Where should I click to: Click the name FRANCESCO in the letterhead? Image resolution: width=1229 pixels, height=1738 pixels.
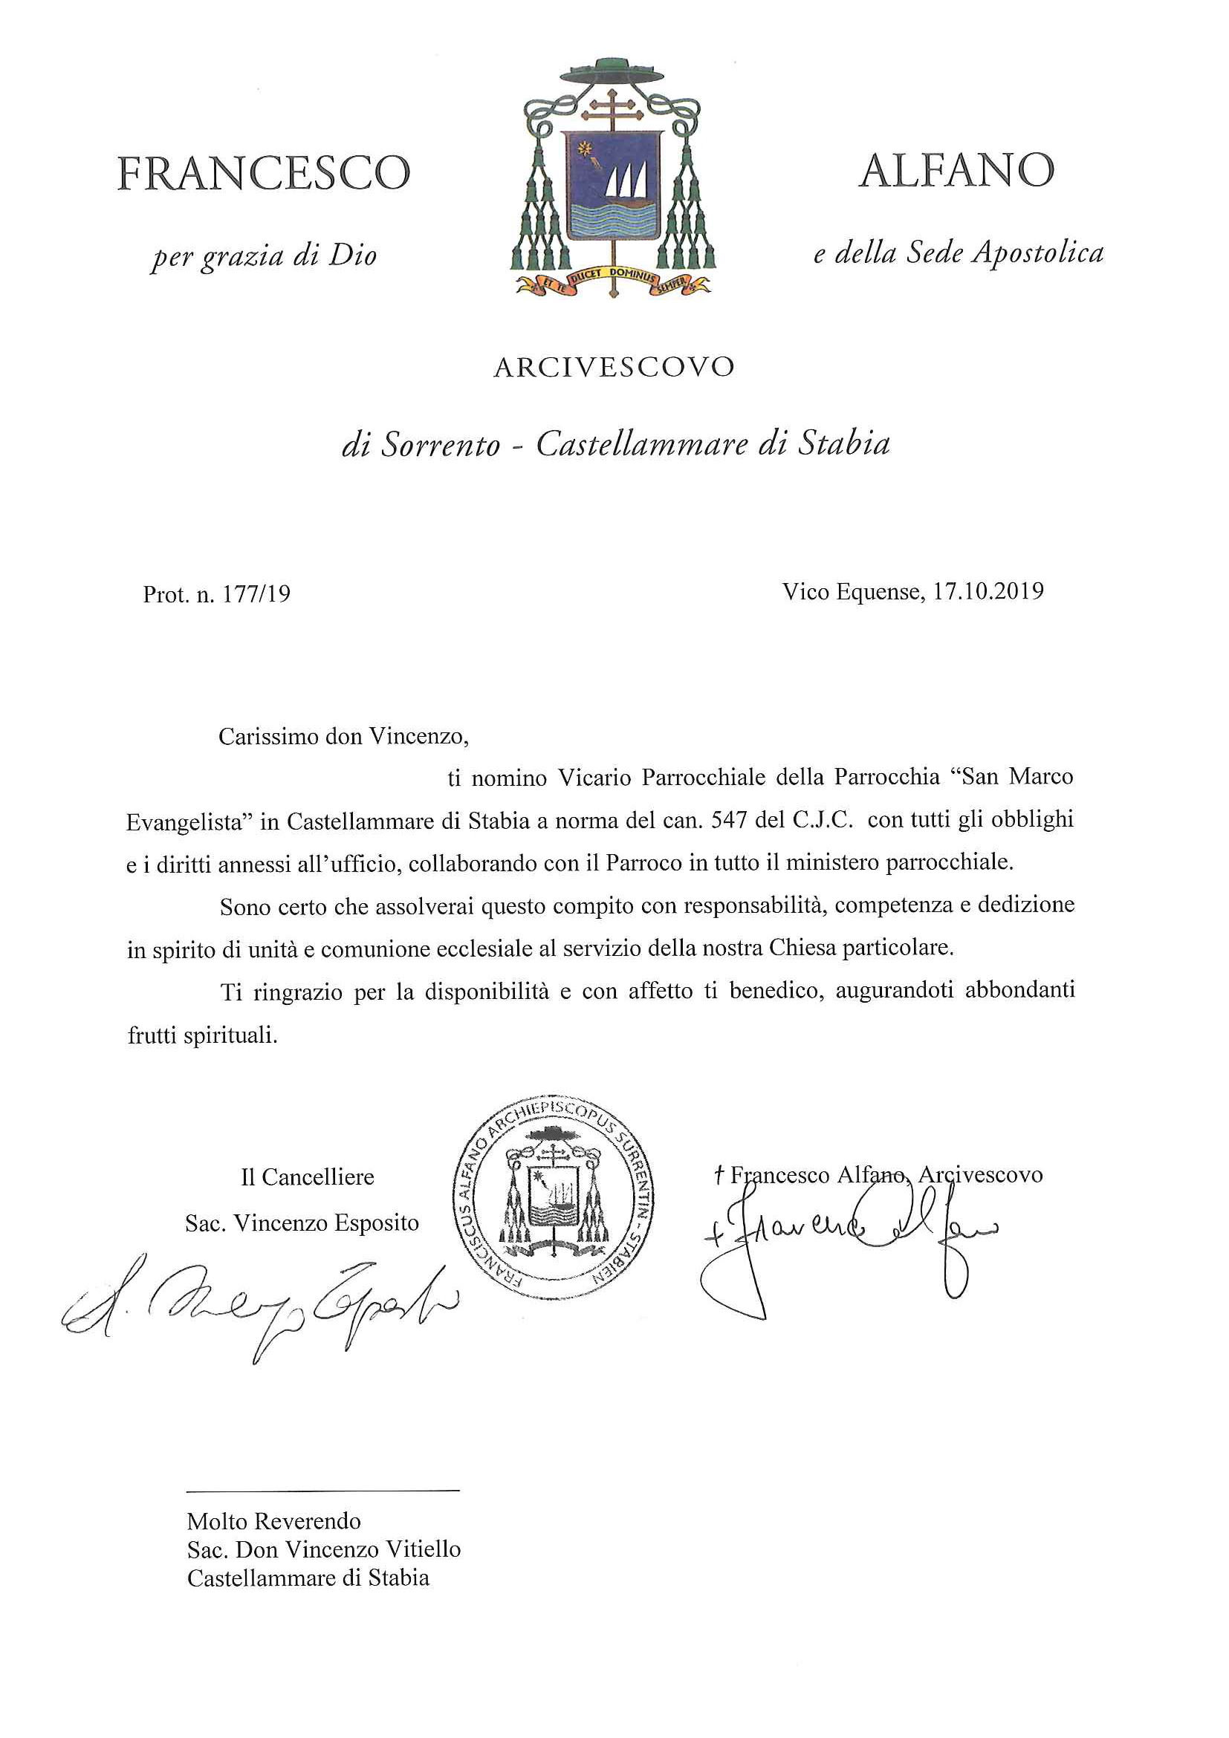(264, 173)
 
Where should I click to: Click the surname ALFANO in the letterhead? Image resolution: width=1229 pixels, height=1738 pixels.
(956, 171)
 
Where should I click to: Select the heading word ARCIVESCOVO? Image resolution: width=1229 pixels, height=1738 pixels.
(614, 368)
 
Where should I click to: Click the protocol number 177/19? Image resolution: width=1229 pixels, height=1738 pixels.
(256, 595)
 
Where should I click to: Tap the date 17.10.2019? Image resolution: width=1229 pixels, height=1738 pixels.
(988, 590)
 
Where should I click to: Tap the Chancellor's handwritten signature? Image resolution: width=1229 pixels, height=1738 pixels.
(257, 1302)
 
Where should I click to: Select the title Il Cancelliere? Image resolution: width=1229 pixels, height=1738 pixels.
(308, 1177)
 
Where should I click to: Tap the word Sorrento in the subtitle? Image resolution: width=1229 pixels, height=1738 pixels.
(441, 445)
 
